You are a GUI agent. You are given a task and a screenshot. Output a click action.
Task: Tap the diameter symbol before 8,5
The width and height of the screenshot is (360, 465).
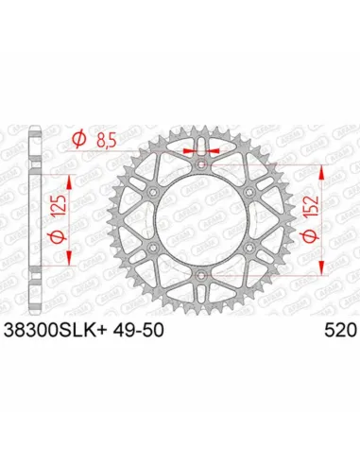pyautogui.click(x=79, y=143)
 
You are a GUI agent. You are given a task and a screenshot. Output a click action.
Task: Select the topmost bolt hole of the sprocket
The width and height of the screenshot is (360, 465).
pyautogui.click(x=200, y=167)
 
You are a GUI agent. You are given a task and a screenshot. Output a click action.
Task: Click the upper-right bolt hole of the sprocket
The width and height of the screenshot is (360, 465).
pyautogui.click(x=248, y=194)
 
